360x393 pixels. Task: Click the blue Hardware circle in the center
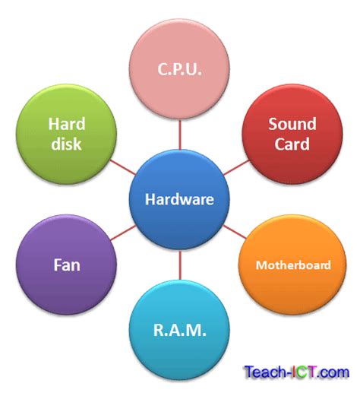point(180,200)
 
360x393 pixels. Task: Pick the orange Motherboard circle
point(292,265)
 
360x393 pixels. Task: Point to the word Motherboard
point(293,265)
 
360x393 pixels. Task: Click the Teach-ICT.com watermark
point(296,372)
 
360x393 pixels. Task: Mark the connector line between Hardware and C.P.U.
point(180,138)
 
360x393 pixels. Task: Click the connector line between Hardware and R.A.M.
point(180,265)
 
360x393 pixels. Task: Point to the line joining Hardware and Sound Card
point(237,166)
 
